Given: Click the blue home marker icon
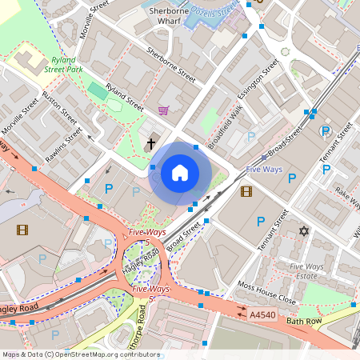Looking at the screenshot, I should click(x=180, y=172).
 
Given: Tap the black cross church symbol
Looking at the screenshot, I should click(x=151, y=144).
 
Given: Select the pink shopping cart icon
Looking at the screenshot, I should click(x=164, y=110).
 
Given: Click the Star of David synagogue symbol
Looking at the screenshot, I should click(x=303, y=231).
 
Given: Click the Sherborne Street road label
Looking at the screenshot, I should click(x=171, y=65).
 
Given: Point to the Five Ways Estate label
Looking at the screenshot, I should click(x=307, y=271).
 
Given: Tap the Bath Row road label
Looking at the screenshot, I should click(x=304, y=321).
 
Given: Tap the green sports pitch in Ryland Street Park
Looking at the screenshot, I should click(x=97, y=91).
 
